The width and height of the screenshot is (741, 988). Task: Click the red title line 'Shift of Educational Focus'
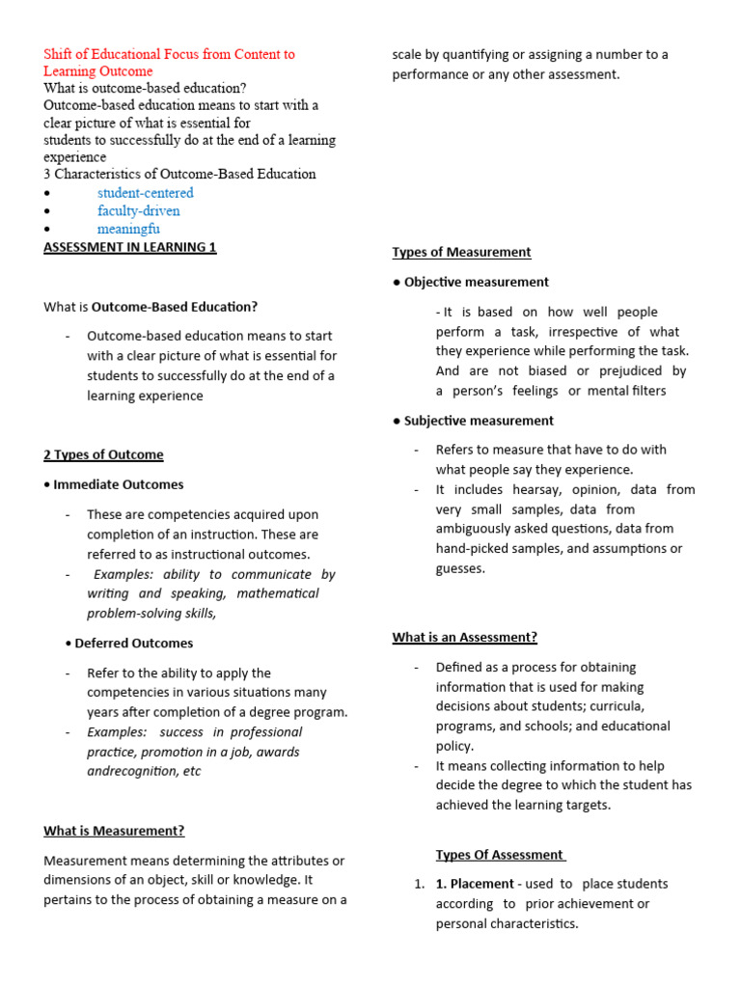169,55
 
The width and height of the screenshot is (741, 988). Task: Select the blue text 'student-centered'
145,193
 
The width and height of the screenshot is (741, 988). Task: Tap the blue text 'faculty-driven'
138,211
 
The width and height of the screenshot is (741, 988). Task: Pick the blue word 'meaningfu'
128,230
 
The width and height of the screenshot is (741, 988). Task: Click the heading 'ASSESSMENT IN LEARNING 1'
130,248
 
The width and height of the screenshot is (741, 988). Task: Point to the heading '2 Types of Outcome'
103,454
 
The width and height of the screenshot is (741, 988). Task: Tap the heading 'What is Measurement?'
114,831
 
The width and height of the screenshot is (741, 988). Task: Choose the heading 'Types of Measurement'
461,252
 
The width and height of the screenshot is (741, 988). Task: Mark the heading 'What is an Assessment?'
464,637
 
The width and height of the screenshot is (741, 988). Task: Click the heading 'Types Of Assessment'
499,855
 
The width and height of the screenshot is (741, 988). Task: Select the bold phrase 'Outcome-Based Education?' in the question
175,307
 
